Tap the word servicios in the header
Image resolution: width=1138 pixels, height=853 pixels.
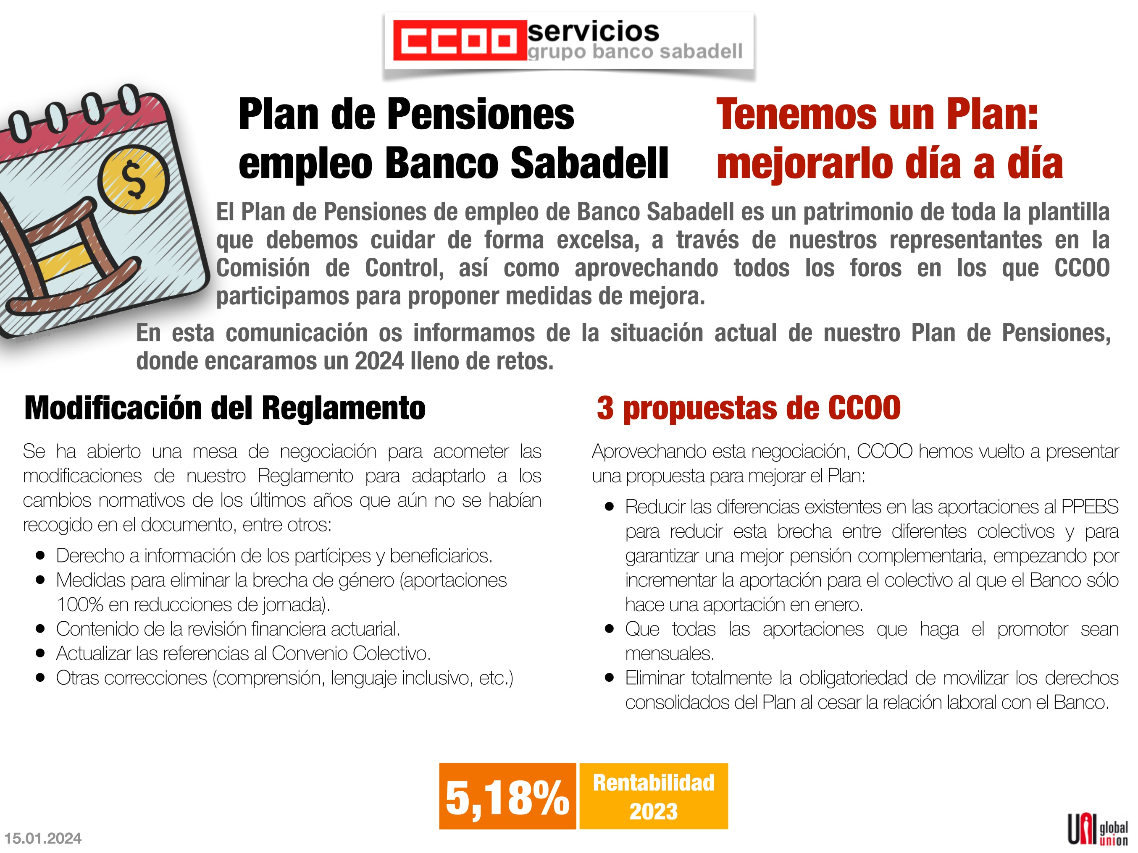[593, 31]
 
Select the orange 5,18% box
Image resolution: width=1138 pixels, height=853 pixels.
[507, 796]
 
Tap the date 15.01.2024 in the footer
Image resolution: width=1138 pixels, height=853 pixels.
[43, 839]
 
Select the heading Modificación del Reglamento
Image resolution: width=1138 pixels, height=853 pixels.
[225, 408]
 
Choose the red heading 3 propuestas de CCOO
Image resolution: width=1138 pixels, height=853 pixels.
[749, 408]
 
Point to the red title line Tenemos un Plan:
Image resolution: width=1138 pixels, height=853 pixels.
[877, 114]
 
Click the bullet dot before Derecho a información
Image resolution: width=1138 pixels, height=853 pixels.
[41, 556]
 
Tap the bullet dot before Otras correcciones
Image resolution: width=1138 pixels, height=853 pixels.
[41, 678]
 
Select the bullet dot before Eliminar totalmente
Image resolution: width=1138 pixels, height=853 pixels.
[610, 678]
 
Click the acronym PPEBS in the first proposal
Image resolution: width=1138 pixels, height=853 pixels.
[1090, 507]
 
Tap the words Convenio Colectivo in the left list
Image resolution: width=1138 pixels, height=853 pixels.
[351, 654]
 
